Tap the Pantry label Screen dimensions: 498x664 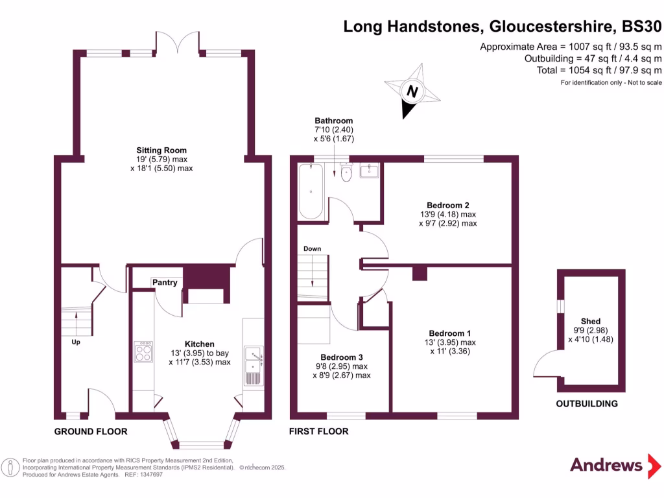(x=165, y=283)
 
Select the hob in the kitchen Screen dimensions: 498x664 (x=143, y=351)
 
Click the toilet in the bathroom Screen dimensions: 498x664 (x=346, y=172)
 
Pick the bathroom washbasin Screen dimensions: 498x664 (x=370, y=171)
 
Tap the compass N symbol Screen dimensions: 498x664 (x=410, y=91)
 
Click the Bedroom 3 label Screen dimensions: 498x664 (x=342, y=357)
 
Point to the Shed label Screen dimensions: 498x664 (x=590, y=322)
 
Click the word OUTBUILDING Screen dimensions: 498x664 (x=586, y=404)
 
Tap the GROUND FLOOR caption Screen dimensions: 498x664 (x=90, y=431)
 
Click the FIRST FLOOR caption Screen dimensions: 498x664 (x=318, y=431)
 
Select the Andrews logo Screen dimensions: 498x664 (x=606, y=464)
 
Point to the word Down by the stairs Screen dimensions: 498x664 (x=312, y=249)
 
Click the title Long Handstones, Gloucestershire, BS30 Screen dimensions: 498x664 (x=503, y=27)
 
